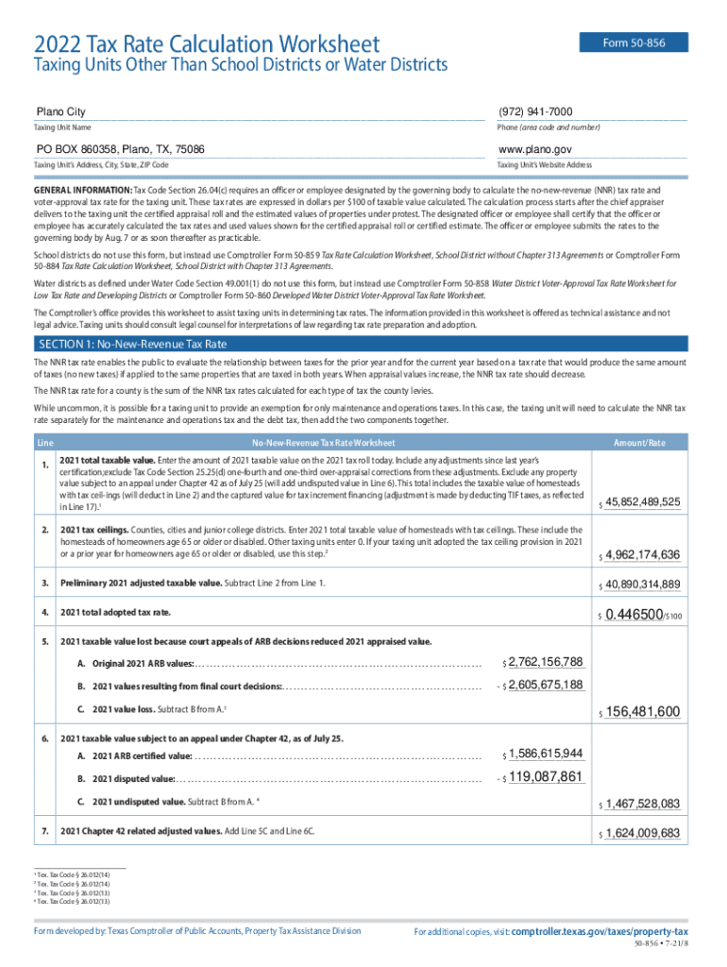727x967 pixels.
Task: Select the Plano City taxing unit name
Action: [x=60, y=112]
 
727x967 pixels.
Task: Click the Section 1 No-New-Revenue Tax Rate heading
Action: [x=132, y=345]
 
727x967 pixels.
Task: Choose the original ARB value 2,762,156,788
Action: [x=546, y=662]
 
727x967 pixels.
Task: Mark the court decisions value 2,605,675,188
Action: [x=546, y=686]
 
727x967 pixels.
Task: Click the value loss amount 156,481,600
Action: [x=642, y=711]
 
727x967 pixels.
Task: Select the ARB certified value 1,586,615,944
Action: [x=546, y=754]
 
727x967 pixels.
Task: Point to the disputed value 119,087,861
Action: [x=546, y=777]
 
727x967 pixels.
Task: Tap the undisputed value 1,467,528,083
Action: [x=642, y=804]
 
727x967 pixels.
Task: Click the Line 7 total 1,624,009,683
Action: [x=642, y=833]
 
